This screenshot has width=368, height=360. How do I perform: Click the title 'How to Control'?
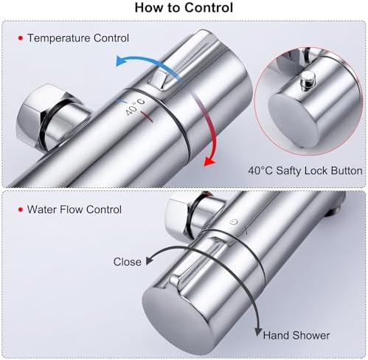pos(184,7)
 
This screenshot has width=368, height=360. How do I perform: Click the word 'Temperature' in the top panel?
pos(59,38)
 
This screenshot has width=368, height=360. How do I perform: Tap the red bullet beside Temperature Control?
pos(21,38)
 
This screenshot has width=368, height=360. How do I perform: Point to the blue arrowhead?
pos(120,60)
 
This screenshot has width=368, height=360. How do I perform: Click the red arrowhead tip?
pos(205,166)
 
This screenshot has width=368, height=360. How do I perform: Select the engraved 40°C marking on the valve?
pos(135,107)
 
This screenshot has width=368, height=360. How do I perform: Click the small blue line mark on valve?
pos(122,101)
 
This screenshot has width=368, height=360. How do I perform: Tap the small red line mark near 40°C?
pos(147,117)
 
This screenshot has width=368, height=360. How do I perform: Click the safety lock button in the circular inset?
pos(308,79)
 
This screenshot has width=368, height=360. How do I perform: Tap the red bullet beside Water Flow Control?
pos(21,210)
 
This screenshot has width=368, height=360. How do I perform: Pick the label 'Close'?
pos(128,262)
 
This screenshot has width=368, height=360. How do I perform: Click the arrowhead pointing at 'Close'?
pos(149,260)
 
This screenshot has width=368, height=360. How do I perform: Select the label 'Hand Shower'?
pos(296,336)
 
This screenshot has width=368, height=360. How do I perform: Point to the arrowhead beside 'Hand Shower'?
pos(258,332)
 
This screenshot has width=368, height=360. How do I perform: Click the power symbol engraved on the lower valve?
pos(234,222)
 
